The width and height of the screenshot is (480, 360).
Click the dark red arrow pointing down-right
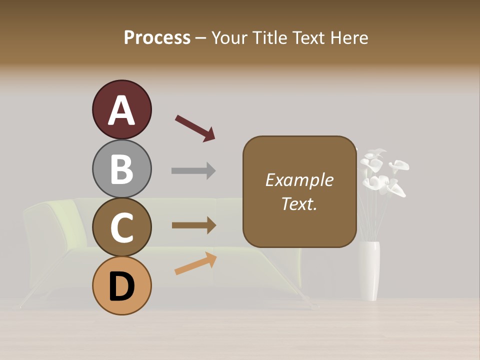point(195,128)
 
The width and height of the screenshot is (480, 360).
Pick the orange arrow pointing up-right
point(195,263)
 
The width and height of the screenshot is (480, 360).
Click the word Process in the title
point(157,37)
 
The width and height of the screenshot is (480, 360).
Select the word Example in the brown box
point(299,180)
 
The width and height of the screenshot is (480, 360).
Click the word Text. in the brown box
point(299,204)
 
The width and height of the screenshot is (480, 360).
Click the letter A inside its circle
point(121,110)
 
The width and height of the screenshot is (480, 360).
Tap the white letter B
point(121,169)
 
